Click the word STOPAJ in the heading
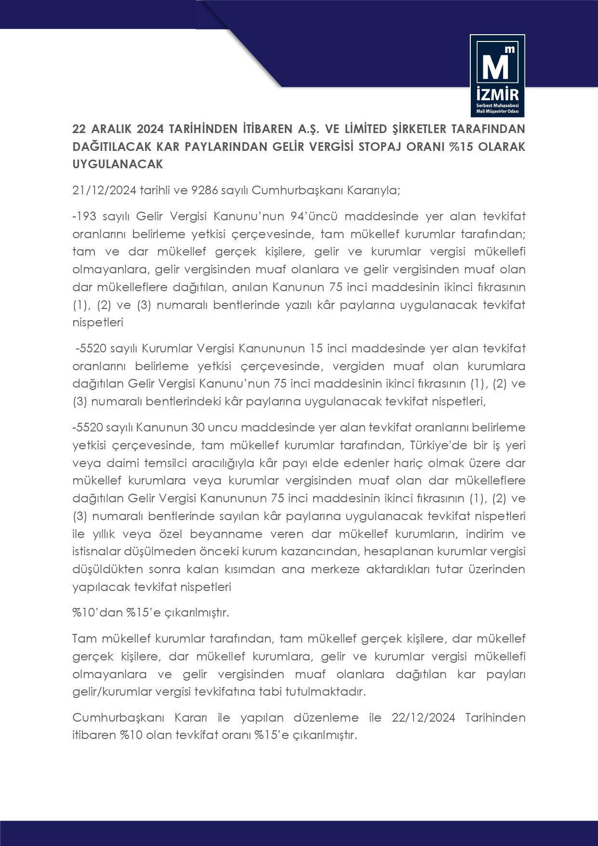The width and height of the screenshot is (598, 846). pyautogui.click(x=377, y=147)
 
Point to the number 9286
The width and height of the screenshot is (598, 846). pyautogui.click(x=204, y=190)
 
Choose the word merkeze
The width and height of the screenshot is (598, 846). pyautogui.click(x=335, y=569)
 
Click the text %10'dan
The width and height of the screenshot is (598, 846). pyautogui.click(x=97, y=613)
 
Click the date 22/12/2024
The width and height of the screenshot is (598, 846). pyautogui.click(x=423, y=718)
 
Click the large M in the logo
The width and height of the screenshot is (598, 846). pyautogui.click(x=495, y=66)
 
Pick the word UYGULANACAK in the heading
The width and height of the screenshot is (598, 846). pyautogui.click(x=118, y=164)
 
